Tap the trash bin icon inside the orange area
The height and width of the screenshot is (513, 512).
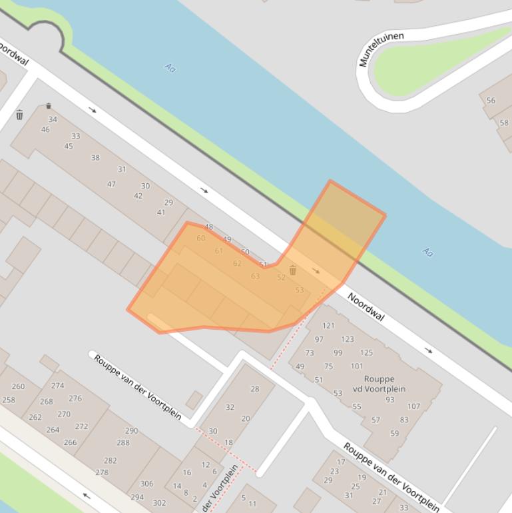coord(292,270)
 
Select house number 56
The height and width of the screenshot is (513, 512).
coord(491,101)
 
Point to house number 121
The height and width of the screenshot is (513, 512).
coord(328,326)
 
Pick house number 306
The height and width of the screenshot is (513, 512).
coord(146,484)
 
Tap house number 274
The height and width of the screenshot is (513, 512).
coord(58,386)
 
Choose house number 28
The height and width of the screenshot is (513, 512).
coord(255,389)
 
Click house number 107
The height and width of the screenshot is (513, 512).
coord(414,406)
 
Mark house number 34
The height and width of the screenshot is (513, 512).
coord(53,120)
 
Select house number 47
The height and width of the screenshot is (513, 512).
coord(111,185)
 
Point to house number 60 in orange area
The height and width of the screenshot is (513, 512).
coord(201,239)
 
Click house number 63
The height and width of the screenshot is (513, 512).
coord(255,276)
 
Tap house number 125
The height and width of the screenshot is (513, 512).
coord(367,353)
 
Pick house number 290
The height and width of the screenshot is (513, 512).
coord(132,431)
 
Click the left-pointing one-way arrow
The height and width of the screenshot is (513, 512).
coord(86,495)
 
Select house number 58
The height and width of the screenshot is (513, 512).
coord(504,123)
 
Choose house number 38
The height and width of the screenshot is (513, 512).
coord(95,158)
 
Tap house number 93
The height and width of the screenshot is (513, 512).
coord(389,400)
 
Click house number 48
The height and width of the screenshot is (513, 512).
coord(209,227)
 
